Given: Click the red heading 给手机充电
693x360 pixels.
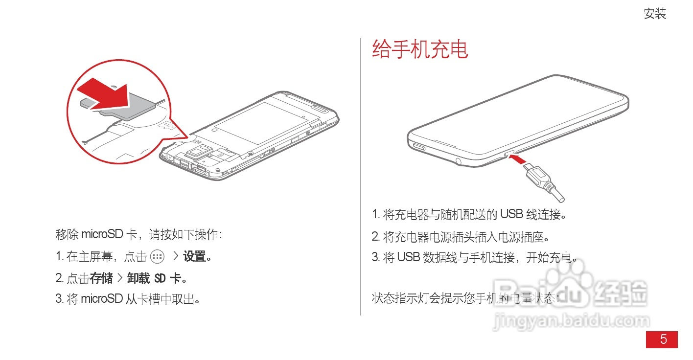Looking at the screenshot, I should (x=420, y=50).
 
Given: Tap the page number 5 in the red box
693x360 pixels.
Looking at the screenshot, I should (x=663, y=339).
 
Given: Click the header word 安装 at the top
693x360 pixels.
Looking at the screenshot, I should (x=655, y=14).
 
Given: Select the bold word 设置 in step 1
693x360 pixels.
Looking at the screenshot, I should (x=195, y=256).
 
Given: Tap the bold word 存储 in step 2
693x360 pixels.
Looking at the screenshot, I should (x=102, y=278).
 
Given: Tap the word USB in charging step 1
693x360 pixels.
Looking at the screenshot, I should (x=511, y=214).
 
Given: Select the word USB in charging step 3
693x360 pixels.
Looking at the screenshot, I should (x=408, y=257).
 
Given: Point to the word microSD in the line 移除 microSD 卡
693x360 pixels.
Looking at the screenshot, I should (x=102, y=234).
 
